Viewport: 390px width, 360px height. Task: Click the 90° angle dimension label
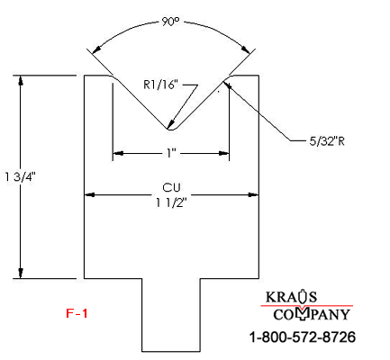tap(170, 22)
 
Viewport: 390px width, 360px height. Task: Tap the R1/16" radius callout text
tap(160, 85)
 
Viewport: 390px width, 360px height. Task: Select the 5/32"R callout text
tap(327, 141)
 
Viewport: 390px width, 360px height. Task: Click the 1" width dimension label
tap(171, 153)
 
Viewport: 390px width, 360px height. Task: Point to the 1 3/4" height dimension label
tap(21, 176)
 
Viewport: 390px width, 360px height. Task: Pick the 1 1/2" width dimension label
tap(171, 203)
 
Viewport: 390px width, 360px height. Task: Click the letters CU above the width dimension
tap(171, 187)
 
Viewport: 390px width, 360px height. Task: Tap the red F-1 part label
tap(77, 313)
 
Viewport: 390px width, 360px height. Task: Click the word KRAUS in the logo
tap(291, 296)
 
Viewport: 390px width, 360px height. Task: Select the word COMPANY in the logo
tap(312, 314)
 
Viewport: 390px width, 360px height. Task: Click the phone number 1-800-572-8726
tap(303, 337)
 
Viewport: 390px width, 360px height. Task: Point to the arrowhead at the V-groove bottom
tap(170, 124)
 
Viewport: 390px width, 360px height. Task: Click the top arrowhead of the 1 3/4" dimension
tap(21, 81)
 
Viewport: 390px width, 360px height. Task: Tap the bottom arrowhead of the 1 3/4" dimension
tap(21, 273)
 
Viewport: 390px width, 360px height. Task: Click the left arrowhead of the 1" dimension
tap(118, 153)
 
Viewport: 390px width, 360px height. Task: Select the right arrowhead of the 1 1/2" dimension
tap(253, 195)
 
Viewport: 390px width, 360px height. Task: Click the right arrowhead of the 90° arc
tap(246, 49)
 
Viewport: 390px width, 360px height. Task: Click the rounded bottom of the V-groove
tap(172, 130)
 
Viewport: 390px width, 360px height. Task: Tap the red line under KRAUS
tap(306, 306)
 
